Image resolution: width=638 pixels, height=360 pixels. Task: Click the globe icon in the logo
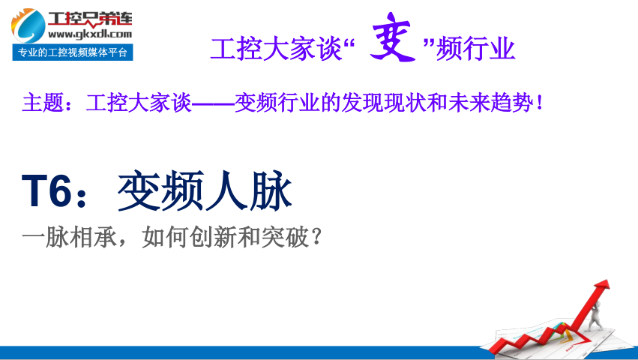[28, 25]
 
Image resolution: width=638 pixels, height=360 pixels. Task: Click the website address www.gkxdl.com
[90, 34]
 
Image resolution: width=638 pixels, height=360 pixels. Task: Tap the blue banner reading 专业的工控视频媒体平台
[73, 52]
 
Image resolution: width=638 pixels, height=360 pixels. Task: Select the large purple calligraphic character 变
[392, 37]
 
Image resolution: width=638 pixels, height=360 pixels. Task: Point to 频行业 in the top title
[475, 49]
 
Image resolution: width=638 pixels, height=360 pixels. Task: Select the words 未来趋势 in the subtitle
[490, 102]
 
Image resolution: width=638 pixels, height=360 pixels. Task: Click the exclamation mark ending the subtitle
[540, 103]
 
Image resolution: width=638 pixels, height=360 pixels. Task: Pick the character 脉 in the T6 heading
[271, 190]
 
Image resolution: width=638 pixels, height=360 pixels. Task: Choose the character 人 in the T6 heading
[226, 190]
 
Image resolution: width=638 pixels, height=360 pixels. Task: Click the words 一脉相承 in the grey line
[69, 237]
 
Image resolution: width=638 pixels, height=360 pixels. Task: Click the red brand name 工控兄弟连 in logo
[90, 19]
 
